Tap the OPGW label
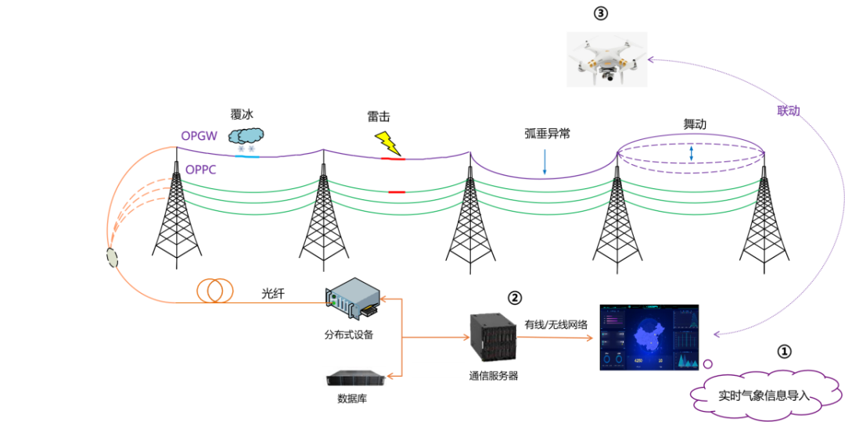click(x=199, y=136)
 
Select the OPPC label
click(x=201, y=169)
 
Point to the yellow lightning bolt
click(x=387, y=142)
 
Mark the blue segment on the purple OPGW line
click(x=247, y=156)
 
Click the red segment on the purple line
click(x=393, y=159)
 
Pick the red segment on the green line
click(x=397, y=191)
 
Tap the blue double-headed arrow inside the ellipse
click(x=691, y=153)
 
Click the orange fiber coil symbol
click(x=215, y=290)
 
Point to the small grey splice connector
click(x=111, y=256)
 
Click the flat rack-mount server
click(x=355, y=377)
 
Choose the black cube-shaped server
click(x=493, y=337)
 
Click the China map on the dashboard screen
click(x=648, y=338)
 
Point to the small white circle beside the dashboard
click(x=708, y=363)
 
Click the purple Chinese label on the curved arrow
click(x=787, y=112)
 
